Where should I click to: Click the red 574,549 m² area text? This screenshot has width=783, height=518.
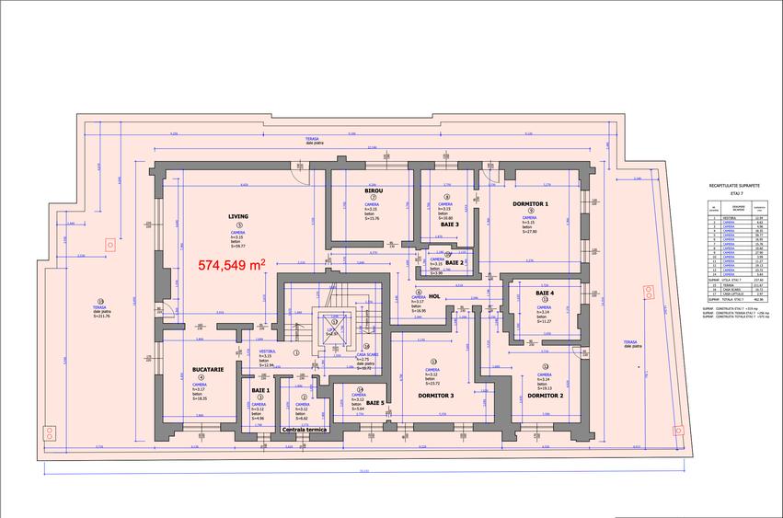232,264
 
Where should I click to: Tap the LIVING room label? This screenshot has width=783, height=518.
239,216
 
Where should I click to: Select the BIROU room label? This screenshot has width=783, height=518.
374,190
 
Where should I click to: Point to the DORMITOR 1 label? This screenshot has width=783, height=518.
532,203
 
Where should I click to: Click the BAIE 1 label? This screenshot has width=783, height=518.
260,390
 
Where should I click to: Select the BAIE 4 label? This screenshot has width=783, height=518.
544,292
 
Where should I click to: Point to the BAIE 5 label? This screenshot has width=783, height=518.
375,403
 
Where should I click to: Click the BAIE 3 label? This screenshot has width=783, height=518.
448,224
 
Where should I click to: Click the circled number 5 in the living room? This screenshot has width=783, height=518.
238,224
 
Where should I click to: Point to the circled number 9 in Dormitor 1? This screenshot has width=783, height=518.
532,211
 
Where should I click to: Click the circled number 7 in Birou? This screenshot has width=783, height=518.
374,198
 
